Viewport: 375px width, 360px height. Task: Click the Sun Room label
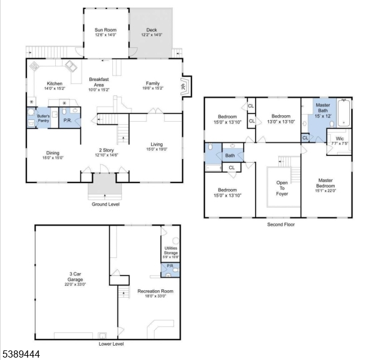[x=105, y=30]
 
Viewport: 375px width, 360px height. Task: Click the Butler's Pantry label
[x=43, y=117]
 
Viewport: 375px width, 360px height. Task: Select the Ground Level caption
[x=105, y=205]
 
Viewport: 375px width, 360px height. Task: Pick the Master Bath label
[x=323, y=108]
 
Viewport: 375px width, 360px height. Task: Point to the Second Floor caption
[x=281, y=224]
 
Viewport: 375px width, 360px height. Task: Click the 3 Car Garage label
[x=71, y=279]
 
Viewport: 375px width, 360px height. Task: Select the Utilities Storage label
[x=171, y=253]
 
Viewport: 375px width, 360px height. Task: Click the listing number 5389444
[x=20, y=355]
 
